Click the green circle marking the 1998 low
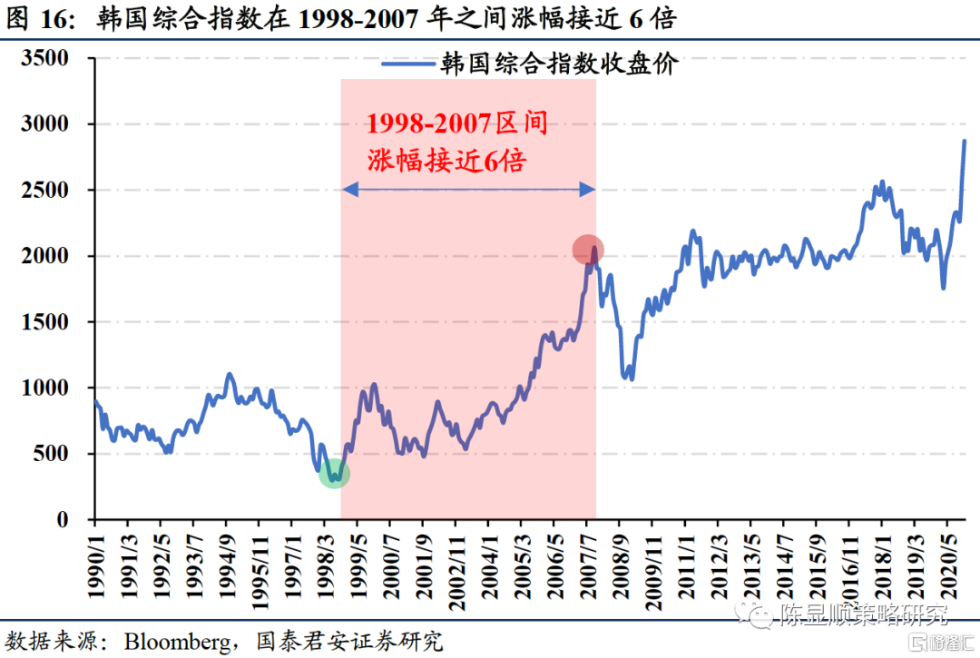coord(335,473)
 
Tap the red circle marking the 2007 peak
coord(588,250)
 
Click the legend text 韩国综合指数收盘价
coord(560,64)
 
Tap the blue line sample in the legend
coord(407,64)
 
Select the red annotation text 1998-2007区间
coord(456,123)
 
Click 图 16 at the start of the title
coord(41,18)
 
